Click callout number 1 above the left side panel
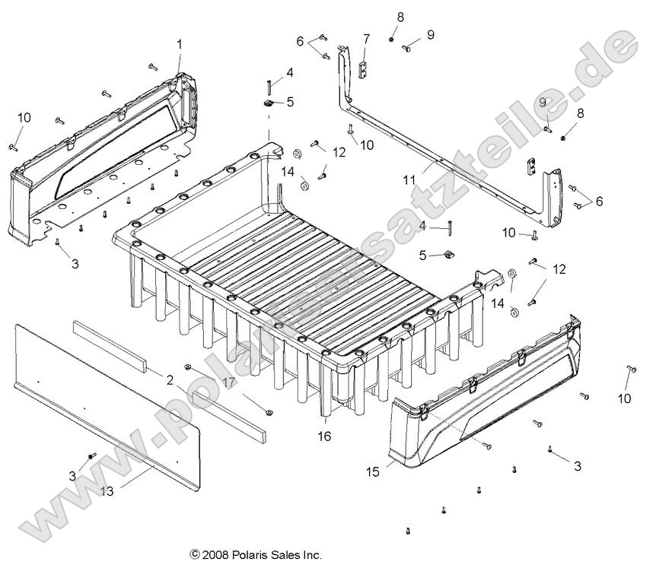[x=180, y=45]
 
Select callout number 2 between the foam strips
[x=170, y=379]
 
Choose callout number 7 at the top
[x=365, y=38]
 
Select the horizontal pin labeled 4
[x=452, y=227]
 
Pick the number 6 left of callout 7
[x=300, y=40]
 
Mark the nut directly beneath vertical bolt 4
[x=269, y=102]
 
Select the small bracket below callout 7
[x=364, y=71]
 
